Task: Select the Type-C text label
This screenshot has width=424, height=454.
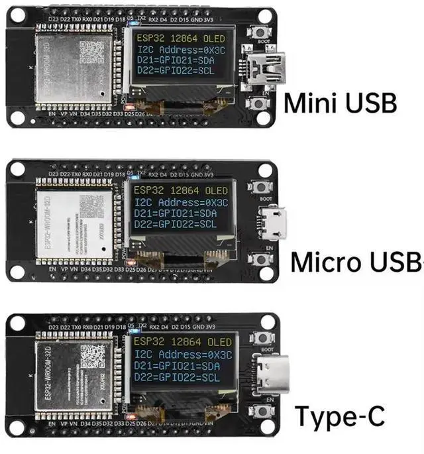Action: pyautogui.click(x=339, y=416)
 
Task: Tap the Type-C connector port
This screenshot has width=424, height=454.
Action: pyautogui.click(x=268, y=374)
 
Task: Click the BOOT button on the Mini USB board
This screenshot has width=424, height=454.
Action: pyautogui.click(x=257, y=32)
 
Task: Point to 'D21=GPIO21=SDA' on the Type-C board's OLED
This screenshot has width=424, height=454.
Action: pyautogui.click(x=182, y=365)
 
